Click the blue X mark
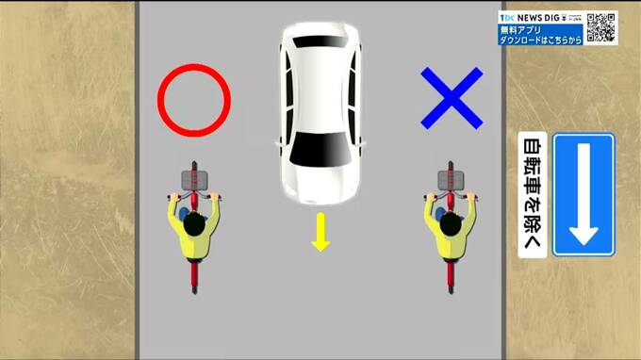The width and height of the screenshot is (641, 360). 452,98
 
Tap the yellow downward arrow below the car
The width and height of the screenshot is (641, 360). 320,232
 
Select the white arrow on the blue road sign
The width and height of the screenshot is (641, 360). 583,194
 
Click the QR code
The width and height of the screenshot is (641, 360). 601,27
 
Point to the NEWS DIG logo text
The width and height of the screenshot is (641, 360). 538,18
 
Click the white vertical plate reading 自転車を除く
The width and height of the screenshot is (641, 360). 533,194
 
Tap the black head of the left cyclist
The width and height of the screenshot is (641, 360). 194,224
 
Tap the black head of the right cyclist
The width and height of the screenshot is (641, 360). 451,224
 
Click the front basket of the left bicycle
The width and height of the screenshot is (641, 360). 194,180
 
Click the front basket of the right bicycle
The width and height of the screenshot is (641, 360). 451,180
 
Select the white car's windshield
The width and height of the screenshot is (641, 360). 320,150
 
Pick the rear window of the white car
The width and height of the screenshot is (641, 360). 321,41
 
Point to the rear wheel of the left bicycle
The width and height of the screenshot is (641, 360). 194,279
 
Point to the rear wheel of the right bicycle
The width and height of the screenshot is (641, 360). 451,279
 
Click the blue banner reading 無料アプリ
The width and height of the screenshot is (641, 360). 540,35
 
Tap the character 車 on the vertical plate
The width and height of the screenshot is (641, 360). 533,186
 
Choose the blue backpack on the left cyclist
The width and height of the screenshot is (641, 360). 185,213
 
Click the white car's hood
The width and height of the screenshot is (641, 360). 320,185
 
